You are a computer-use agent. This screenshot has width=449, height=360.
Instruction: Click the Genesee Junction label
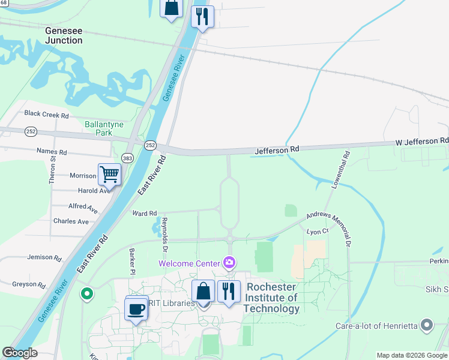pyautogui.click(x=64, y=35)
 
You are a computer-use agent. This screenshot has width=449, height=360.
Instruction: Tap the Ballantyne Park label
pyautogui.click(x=104, y=128)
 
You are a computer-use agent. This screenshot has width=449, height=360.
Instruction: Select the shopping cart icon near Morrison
pyautogui.click(x=110, y=175)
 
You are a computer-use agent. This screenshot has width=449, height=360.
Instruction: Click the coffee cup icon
pyautogui.click(x=137, y=310)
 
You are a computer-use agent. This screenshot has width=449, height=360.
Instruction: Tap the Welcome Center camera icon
pyautogui.click(x=229, y=263)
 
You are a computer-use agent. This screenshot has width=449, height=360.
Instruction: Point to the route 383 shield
pyautogui.click(x=127, y=157)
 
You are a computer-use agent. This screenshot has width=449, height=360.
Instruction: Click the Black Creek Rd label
pyautogui.click(x=47, y=114)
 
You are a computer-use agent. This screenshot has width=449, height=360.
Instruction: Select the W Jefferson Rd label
pyautogui.click(x=421, y=141)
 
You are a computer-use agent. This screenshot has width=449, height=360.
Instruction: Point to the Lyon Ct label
pyautogui.click(x=318, y=231)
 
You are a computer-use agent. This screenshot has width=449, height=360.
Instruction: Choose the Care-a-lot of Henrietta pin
pyautogui.click(x=427, y=325)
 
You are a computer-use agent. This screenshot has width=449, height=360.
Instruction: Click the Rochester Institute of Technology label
pyautogui.click(x=272, y=298)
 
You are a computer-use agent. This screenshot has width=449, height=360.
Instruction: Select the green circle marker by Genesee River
pyautogui.click(x=87, y=293)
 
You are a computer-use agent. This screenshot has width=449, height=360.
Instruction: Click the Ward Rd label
pyautogui.click(x=144, y=213)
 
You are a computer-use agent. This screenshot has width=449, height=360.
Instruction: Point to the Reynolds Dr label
pyautogui.click(x=164, y=235)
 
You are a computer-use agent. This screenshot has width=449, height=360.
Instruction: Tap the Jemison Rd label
pyautogui.click(x=44, y=257)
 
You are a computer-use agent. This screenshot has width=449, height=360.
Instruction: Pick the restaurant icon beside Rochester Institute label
pyautogui.click(x=229, y=292)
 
